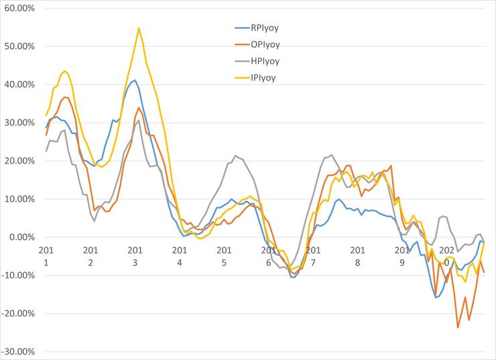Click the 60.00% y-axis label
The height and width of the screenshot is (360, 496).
pos(21,8)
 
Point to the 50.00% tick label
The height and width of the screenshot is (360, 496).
pos(21,46)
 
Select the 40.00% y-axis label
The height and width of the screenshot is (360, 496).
pos(21,84)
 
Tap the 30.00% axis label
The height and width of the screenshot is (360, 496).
pos(21,123)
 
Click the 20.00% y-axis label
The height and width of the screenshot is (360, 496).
pos(21,161)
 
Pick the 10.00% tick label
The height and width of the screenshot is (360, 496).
pos(21,199)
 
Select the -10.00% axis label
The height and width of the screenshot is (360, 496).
pos(19,276)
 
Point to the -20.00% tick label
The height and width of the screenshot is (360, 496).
pos(19,314)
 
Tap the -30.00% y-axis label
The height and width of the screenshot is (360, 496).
pos(19,351)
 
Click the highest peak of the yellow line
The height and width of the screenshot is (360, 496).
pos(139,28)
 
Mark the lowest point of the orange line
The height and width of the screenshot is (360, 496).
pos(458,327)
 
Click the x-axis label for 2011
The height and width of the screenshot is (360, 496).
pos(46,255)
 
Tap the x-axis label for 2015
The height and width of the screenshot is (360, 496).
pos(224,255)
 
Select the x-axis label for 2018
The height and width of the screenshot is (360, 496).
pos(357,255)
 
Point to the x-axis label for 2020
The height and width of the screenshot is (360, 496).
pos(446,255)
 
